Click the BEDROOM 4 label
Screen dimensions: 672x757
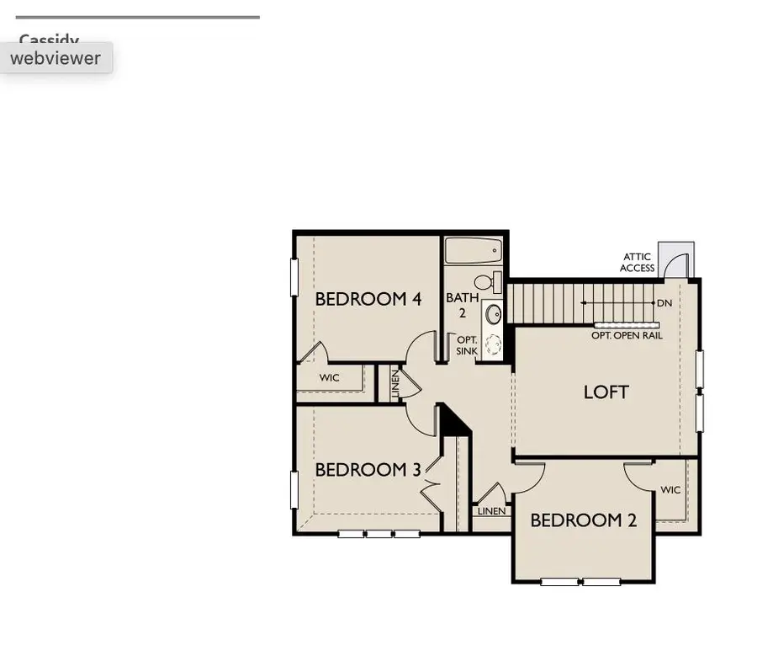pos(368,299)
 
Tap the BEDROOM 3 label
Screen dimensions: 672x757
pos(368,470)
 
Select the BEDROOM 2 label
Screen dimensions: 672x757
pos(583,520)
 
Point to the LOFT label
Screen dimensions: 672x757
pos(606,392)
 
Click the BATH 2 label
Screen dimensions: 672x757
pos(462,305)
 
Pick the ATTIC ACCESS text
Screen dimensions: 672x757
pos(637,263)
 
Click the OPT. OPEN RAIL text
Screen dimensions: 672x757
pos(627,335)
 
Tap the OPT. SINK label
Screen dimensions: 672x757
pos(466,344)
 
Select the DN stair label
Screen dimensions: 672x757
pos(664,303)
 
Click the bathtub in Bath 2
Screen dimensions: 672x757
pos(473,251)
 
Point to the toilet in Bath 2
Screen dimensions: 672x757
pos(487,281)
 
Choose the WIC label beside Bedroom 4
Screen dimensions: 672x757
pos(329,377)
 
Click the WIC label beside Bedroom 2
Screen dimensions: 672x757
pos(670,490)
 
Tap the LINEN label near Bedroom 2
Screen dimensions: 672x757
pos(491,511)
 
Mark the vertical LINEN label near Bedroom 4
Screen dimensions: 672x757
pos(395,385)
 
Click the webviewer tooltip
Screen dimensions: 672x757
pos(56,58)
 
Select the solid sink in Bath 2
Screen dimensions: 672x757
pos(492,315)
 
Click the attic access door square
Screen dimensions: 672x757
pos(676,259)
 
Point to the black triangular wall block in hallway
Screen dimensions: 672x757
pos(455,421)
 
